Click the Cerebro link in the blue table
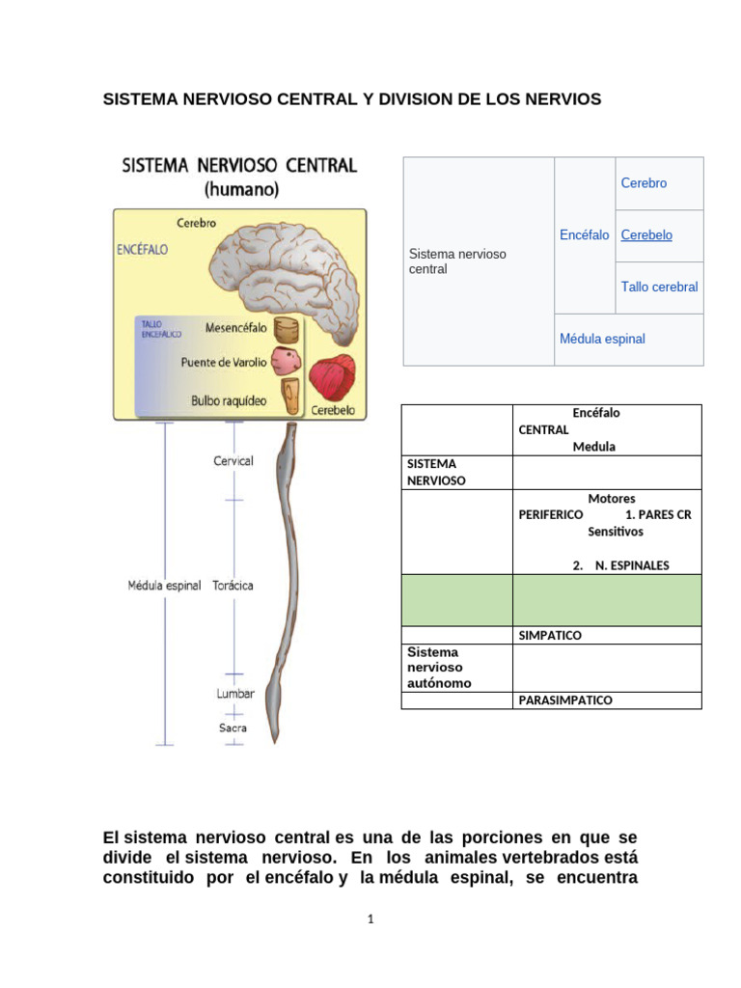click(644, 183)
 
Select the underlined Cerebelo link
click(646, 235)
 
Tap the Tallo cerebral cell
click(659, 288)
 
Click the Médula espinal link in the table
click(602, 340)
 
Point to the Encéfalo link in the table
click(584, 235)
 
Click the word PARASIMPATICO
click(565, 700)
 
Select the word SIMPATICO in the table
click(550, 636)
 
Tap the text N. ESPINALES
click(632, 565)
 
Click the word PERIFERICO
click(551, 515)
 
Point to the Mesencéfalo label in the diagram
click(235, 328)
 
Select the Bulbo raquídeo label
click(229, 399)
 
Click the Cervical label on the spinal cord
click(233, 461)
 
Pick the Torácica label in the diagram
click(233, 586)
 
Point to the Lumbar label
click(235, 693)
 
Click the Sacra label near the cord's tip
click(233, 727)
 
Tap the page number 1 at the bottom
click(370, 919)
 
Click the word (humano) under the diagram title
click(239, 190)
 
